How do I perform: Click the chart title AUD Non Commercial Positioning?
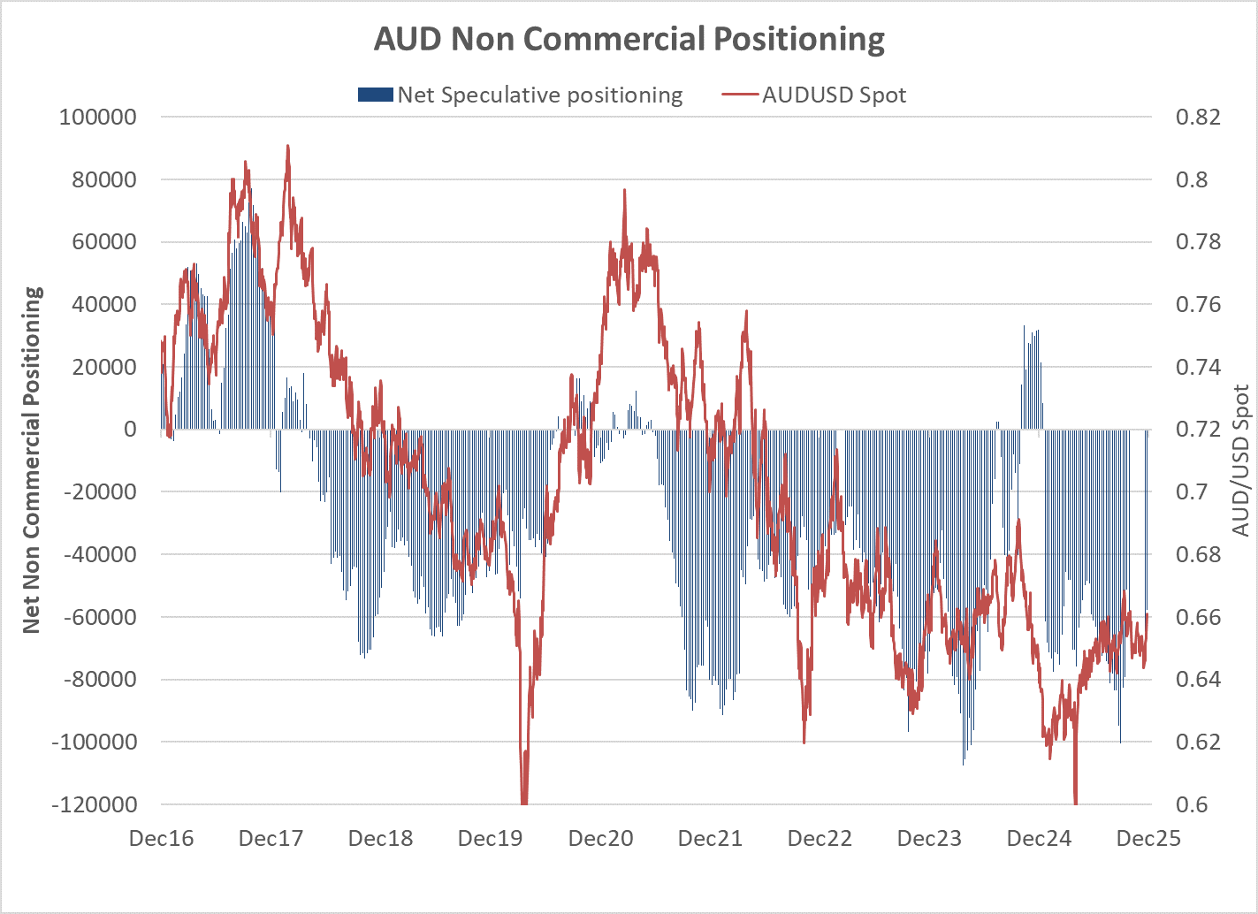tap(629, 40)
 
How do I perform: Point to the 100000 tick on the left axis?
tap(98, 117)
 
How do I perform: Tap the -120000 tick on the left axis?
tap(95, 804)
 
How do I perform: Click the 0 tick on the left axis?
tap(130, 429)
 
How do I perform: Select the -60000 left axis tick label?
tap(98, 617)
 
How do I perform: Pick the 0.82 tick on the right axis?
tap(1198, 117)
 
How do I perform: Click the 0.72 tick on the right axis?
tap(1198, 429)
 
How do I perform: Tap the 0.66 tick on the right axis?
tap(1198, 617)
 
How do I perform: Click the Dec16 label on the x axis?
tap(161, 838)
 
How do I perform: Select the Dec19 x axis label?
tap(490, 838)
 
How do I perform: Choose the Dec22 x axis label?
tap(820, 838)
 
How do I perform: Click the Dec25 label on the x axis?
tap(1148, 838)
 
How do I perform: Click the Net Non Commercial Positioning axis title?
tap(32, 460)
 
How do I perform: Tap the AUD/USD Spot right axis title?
tap(1241, 460)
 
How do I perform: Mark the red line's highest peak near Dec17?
tap(287, 147)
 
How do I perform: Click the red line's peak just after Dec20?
tap(624, 190)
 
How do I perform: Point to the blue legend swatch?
tap(375, 95)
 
